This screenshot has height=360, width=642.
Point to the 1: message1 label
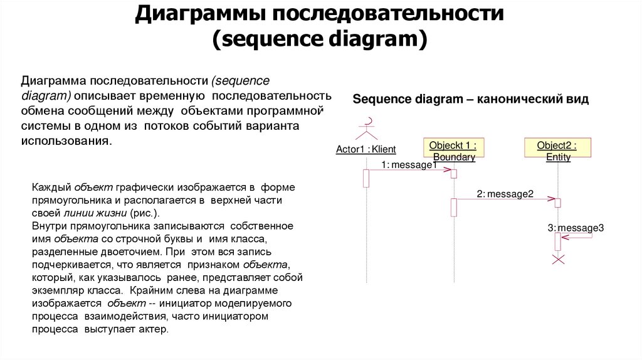point(408,165)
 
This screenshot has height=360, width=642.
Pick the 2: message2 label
point(505,194)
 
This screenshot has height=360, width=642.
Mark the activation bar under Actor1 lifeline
point(366,178)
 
